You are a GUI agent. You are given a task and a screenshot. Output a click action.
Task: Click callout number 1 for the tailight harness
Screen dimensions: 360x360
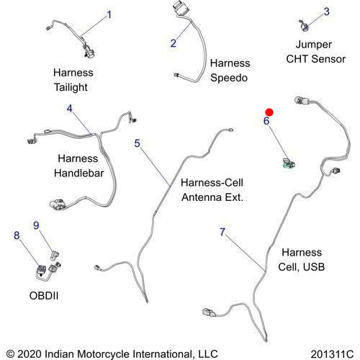(x=109, y=14)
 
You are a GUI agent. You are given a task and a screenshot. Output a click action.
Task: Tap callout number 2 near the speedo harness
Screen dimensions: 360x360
(x=174, y=43)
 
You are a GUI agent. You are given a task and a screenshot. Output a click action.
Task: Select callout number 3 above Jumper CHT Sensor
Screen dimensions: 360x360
(x=326, y=12)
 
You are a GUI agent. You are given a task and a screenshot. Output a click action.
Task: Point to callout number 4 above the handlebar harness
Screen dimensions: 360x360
(x=69, y=109)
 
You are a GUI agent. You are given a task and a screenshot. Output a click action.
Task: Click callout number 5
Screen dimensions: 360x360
(x=137, y=143)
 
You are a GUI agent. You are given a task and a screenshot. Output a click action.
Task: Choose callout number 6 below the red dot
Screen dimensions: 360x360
(x=266, y=121)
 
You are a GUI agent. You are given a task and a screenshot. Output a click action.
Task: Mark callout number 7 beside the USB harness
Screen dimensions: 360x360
(x=222, y=232)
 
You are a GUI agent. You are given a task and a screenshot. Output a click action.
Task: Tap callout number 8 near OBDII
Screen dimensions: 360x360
(x=17, y=235)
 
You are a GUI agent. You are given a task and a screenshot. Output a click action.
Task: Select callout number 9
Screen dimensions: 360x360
(x=36, y=225)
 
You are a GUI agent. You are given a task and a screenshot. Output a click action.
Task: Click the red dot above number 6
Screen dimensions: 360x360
(x=269, y=112)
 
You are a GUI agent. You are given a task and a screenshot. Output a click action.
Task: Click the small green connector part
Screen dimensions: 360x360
(x=289, y=164)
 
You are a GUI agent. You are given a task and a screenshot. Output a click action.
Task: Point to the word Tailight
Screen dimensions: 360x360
(x=71, y=87)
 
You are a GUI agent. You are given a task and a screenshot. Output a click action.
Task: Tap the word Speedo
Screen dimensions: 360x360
(x=229, y=78)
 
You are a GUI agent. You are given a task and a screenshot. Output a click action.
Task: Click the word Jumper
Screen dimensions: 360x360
(x=314, y=45)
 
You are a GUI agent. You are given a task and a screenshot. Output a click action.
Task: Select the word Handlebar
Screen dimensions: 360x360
(x=79, y=173)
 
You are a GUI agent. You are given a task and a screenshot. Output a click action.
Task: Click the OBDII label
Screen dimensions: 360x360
(x=44, y=296)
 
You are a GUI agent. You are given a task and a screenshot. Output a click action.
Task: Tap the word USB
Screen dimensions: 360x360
(x=314, y=267)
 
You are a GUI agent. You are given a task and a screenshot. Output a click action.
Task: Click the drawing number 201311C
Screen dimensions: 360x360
(x=332, y=354)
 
